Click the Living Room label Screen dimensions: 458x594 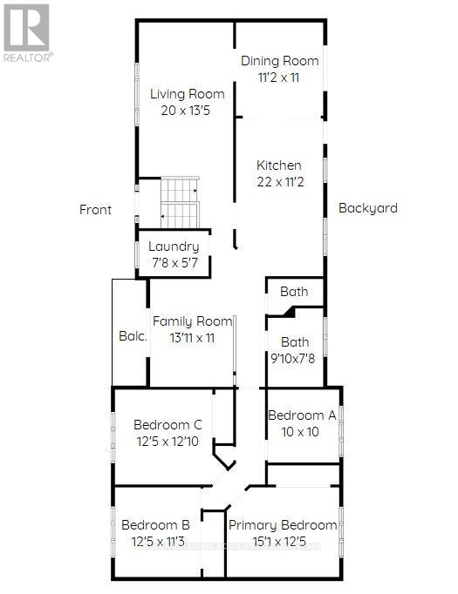(187, 94)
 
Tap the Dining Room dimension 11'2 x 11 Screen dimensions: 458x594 (279, 78)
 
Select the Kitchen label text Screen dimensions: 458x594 (279, 165)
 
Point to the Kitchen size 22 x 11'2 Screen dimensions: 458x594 (280, 182)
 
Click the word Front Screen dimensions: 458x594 (95, 210)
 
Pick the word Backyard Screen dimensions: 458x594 (367, 208)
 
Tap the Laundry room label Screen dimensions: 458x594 (174, 246)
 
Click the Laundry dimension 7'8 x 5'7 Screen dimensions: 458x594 (174, 263)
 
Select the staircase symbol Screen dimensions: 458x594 (180, 203)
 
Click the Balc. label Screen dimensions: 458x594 (133, 336)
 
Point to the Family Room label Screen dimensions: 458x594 (193, 321)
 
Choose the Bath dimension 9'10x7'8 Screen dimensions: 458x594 (292, 358)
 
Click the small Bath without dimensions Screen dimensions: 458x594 (294, 292)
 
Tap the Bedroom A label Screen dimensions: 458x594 (302, 415)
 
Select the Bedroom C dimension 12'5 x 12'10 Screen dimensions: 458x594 (167, 442)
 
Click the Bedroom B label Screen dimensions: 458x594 (155, 525)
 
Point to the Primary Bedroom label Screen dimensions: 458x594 (283, 525)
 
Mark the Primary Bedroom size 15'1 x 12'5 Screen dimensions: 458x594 (279, 542)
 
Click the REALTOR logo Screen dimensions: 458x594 (28, 33)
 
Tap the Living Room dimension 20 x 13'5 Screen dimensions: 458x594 (186, 111)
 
